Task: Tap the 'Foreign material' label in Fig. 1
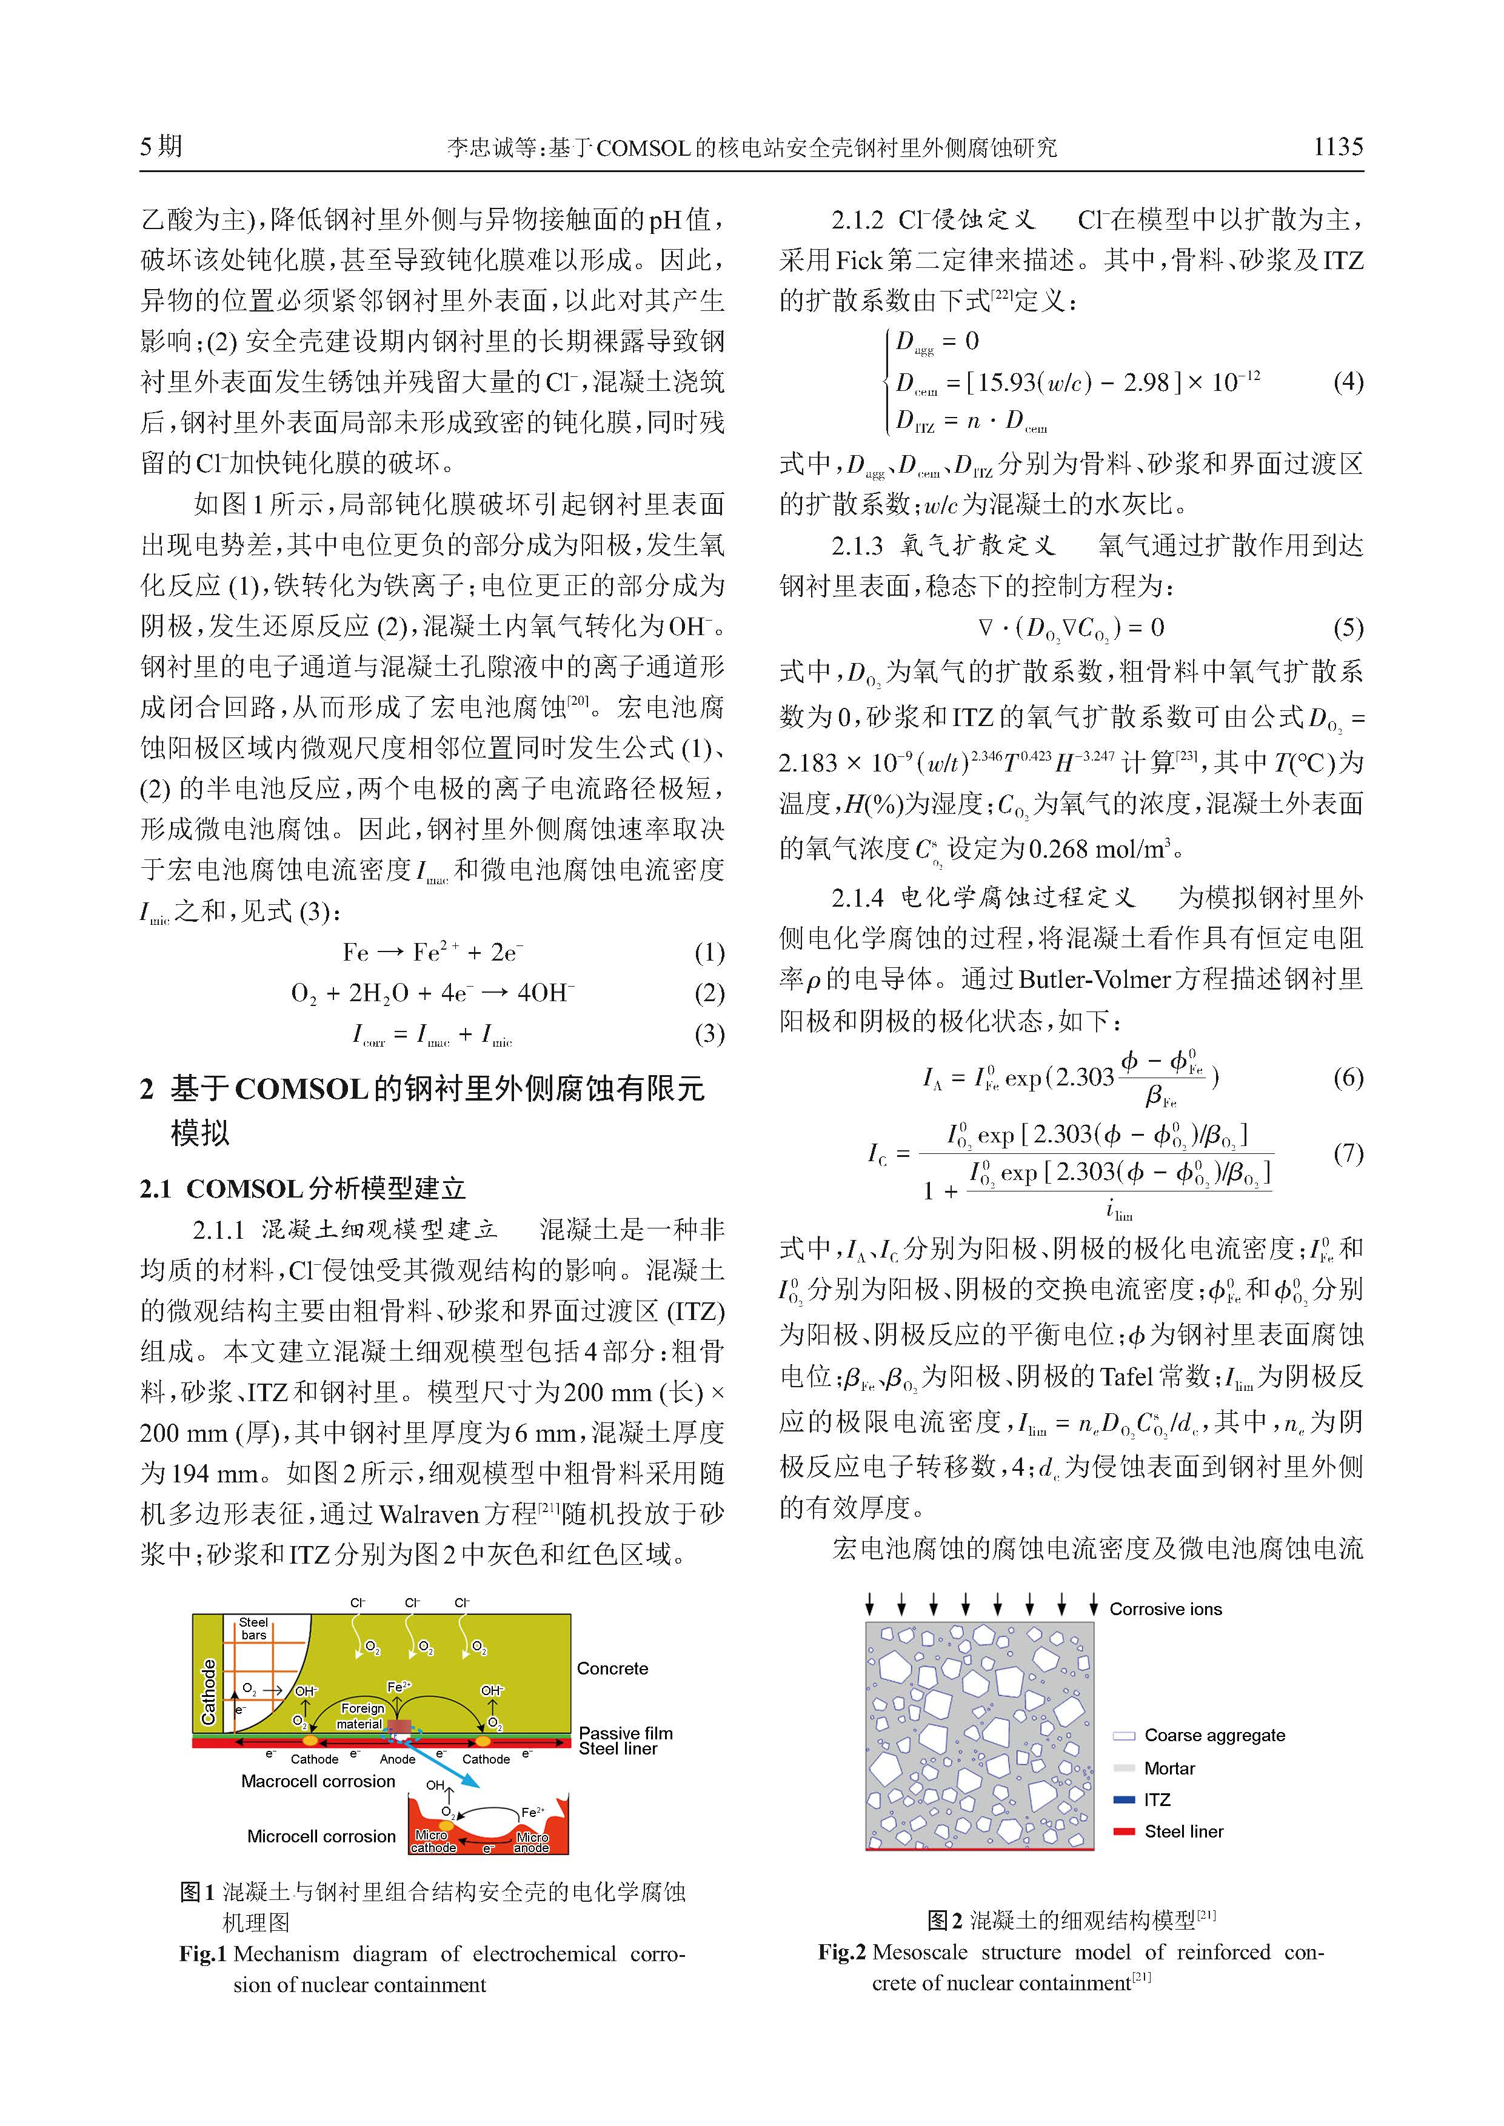361,1716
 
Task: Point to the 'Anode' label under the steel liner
397,1759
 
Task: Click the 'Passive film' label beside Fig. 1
625,1733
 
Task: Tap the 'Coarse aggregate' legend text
1214,1735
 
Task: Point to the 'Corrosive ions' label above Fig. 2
1165,1609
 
